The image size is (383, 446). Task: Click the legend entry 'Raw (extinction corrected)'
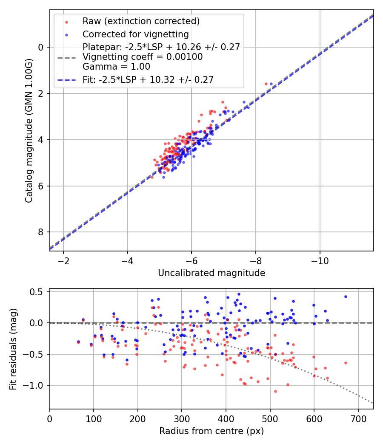click(141, 21)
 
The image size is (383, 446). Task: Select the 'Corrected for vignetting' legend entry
click(135, 34)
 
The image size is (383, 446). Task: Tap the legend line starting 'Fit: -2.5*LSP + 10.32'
click(148, 79)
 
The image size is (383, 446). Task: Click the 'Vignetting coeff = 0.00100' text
click(143, 57)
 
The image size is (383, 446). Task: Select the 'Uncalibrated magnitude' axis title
click(212, 273)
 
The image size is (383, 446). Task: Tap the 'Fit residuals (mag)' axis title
click(13, 349)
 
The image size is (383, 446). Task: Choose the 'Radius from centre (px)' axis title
click(212, 431)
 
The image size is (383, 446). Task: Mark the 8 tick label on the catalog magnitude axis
click(41, 232)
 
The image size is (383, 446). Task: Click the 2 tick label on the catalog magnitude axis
click(41, 93)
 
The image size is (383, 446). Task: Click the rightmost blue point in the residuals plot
click(346, 296)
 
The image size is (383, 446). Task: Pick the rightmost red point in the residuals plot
click(346, 363)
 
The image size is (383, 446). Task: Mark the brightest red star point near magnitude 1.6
click(266, 84)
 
